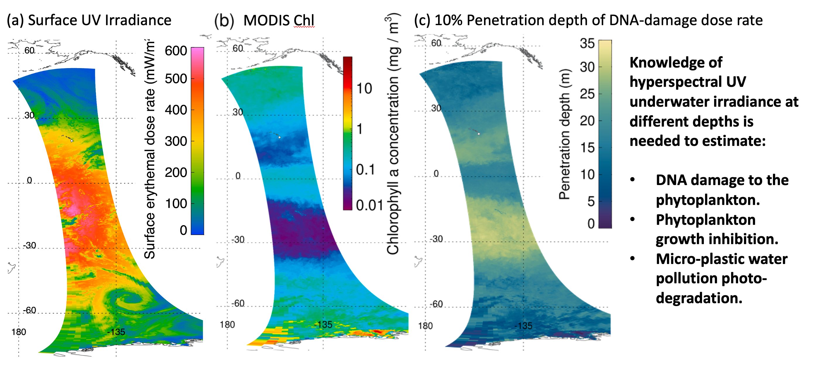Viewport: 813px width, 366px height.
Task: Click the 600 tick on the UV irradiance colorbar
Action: [x=176, y=51]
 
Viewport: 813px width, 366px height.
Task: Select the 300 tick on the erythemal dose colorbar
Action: [x=176, y=141]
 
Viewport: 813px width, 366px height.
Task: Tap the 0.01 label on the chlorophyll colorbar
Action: [x=369, y=206]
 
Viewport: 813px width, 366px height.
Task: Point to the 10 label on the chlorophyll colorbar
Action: [x=364, y=89]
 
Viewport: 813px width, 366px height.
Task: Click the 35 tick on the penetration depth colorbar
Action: [x=587, y=43]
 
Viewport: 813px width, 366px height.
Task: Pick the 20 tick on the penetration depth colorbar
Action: [x=587, y=121]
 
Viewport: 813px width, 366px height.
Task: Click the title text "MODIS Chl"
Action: [x=279, y=20]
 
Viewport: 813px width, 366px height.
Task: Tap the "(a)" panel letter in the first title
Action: [x=15, y=20]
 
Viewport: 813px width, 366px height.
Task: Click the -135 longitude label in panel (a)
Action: [x=116, y=332]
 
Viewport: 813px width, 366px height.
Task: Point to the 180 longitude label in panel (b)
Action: [x=227, y=325]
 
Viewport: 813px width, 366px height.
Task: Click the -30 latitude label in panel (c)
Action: [x=436, y=239]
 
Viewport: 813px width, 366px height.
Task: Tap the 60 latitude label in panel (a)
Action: [x=29, y=51]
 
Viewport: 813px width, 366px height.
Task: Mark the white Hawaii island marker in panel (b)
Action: [x=279, y=137]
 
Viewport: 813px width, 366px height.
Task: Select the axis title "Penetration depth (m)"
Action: [x=565, y=134]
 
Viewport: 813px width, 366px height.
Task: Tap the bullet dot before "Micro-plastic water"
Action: [x=632, y=258]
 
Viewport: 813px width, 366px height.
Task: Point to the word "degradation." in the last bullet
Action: [x=699, y=298]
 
